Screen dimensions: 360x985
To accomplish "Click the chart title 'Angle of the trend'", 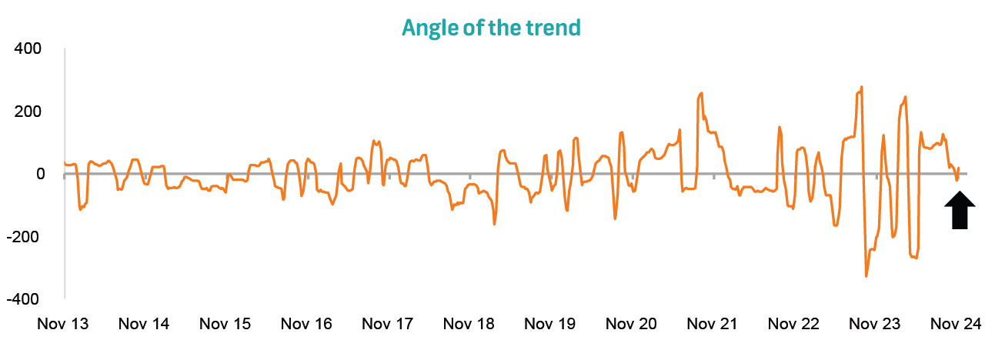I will (x=491, y=28).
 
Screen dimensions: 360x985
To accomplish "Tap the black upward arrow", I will (x=959, y=210).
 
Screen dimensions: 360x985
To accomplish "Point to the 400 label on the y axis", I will (x=28, y=49).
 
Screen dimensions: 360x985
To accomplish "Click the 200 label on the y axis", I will (x=28, y=112).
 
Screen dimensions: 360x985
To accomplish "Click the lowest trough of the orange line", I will (x=866, y=275).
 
